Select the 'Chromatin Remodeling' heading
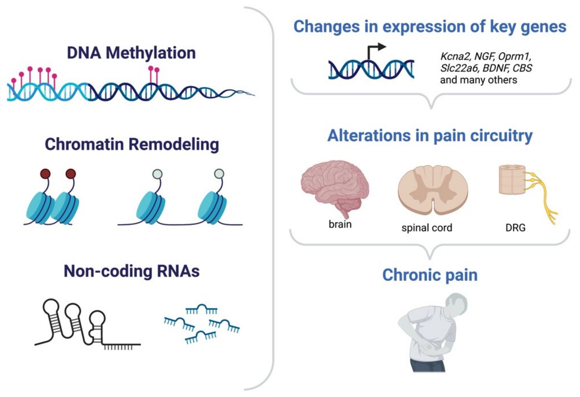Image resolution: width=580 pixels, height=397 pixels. (x=131, y=144)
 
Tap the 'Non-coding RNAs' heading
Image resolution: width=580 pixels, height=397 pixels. (x=131, y=271)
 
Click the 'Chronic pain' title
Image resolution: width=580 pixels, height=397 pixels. (x=430, y=275)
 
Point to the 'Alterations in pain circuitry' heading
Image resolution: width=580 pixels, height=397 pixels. (x=430, y=136)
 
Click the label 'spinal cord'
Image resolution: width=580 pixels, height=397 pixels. (x=427, y=227)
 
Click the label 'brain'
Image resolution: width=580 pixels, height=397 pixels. (x=337, y=225)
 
